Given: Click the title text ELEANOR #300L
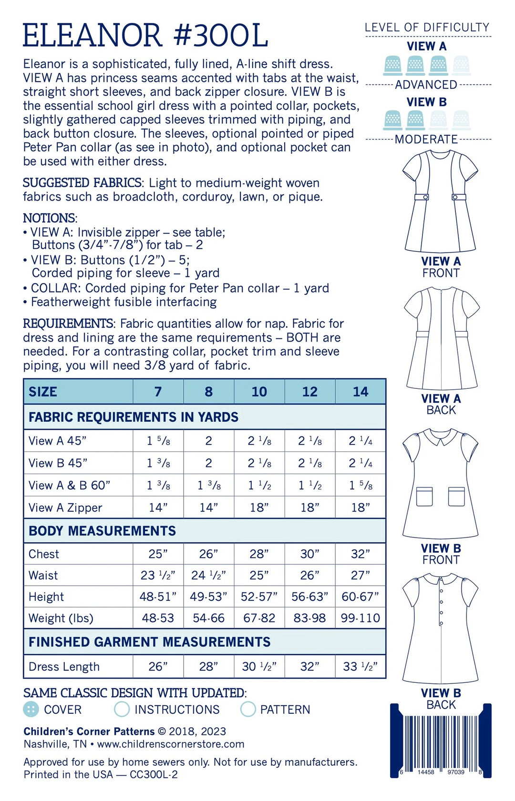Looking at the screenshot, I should (145, 35).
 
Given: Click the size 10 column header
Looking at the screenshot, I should (259, 392).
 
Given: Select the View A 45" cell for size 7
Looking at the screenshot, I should (158, 441).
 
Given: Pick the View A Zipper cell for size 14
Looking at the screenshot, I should (360, 507).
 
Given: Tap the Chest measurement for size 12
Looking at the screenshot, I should (309, 554).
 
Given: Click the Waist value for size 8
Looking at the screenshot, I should (208, 576).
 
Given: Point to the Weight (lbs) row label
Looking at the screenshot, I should (61, 618).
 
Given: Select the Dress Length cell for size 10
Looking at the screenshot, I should (259, 666).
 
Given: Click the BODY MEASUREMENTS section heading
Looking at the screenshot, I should (102, 531).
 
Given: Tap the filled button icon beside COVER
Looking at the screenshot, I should (31, 709).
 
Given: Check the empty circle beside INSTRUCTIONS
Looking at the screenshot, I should (122, 709).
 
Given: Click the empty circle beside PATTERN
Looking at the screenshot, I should (248, 709).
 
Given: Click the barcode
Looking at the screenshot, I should (441, 741).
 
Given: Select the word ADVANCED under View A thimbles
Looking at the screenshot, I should (426, 85).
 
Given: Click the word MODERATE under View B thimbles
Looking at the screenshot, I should (426, 139).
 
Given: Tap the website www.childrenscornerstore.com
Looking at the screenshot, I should (170, 744).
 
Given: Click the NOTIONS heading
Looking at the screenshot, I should (49, 218).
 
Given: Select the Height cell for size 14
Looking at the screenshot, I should (360, 597).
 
